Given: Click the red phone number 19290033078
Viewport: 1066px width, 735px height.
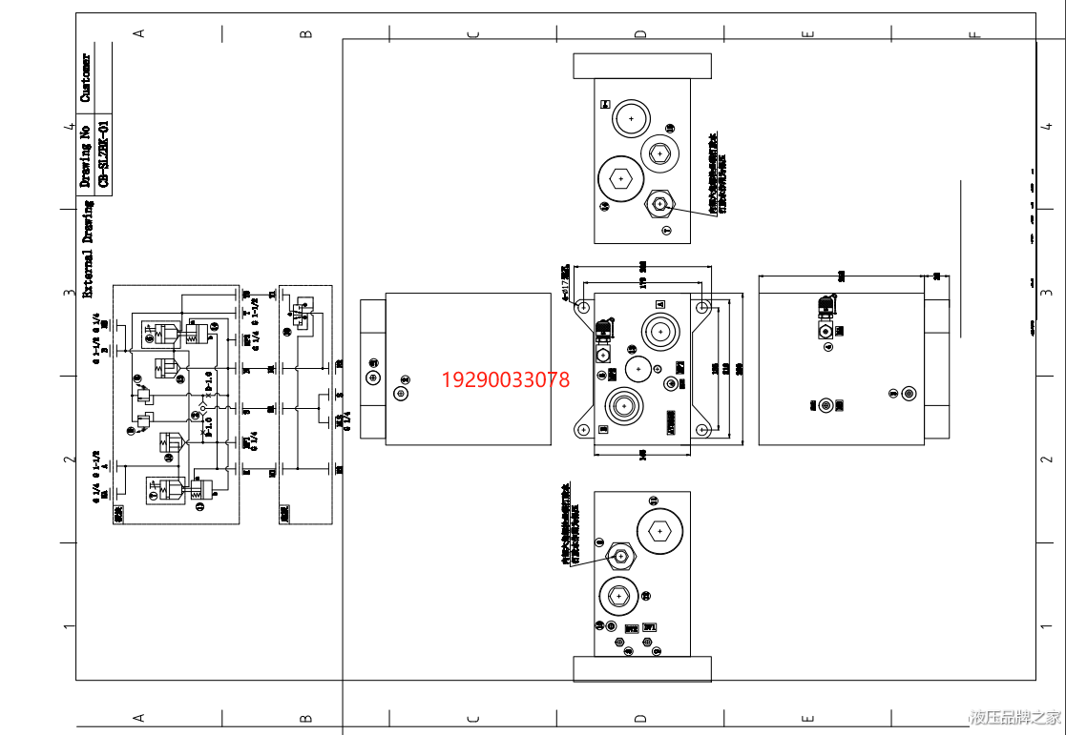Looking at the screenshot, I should coord(505,380).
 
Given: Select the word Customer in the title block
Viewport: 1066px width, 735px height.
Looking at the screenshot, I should coord(86,78).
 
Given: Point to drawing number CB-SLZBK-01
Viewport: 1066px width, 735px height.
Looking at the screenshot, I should coord(104,153).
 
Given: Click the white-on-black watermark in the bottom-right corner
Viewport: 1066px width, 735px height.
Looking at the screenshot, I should coord(1014,716).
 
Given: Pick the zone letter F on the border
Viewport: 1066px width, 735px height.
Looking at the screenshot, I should coord(974,35).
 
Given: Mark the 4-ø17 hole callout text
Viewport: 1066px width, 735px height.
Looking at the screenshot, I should coord(566,282).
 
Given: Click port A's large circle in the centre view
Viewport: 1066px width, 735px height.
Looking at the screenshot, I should coord(659,333).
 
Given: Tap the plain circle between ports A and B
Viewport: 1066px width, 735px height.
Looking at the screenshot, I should coord(639,369).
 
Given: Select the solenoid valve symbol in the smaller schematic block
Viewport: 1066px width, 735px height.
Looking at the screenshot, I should coord(301,312).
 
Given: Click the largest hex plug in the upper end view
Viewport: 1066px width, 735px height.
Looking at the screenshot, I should coord(619,178).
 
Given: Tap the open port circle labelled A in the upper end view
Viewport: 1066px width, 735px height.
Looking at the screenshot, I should coord(630,120).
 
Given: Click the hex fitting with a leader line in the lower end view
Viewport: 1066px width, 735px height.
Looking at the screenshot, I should coord(621,555).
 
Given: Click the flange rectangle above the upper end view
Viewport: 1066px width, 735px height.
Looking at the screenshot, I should coord(642,66).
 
